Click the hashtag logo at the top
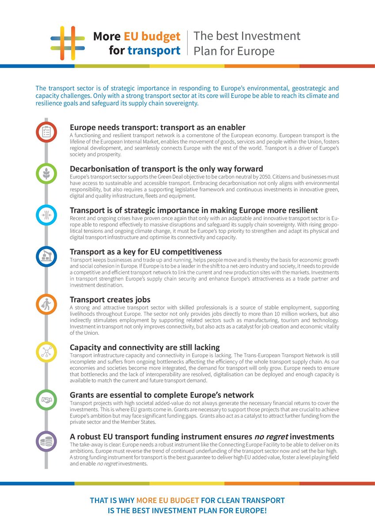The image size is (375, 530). pos(68,43)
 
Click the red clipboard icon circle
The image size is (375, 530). pos(46,132)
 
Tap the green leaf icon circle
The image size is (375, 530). pos(46,173)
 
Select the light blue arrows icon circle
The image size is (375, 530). pos(46,215)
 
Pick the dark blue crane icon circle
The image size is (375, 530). pos(46,257)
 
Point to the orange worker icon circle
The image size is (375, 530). pos(46,304)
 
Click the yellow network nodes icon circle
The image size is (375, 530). pos(46,352)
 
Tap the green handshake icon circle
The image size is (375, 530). pos(46,400)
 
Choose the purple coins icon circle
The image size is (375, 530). pos(46,441)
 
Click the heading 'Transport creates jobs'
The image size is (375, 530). pos(110,299)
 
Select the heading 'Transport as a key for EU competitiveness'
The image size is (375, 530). pos(146,252)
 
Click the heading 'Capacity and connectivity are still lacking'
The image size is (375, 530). pos(144,347)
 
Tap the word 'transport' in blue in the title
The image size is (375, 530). pos(154,51)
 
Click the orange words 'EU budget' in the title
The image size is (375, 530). pos(152,36)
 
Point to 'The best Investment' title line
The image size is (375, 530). pos(247,36)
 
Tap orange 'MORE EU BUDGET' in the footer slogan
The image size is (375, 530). pos(167,500)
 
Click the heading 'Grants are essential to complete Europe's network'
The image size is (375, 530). pos(162,395)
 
